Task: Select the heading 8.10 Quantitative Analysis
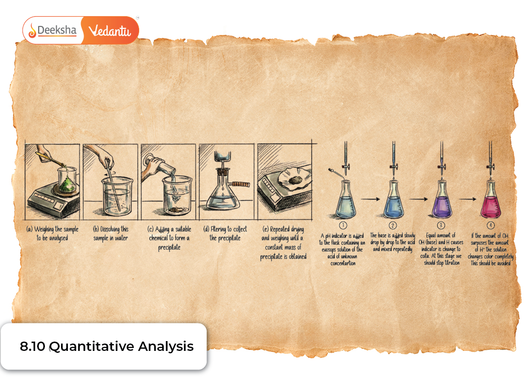[x=106, y=346]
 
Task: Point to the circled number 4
[x=490, y=225]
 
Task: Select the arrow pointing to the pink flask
[x=467, y=199]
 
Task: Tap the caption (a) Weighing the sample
[x=52, y=233]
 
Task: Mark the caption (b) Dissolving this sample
[x=111, y=233]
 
